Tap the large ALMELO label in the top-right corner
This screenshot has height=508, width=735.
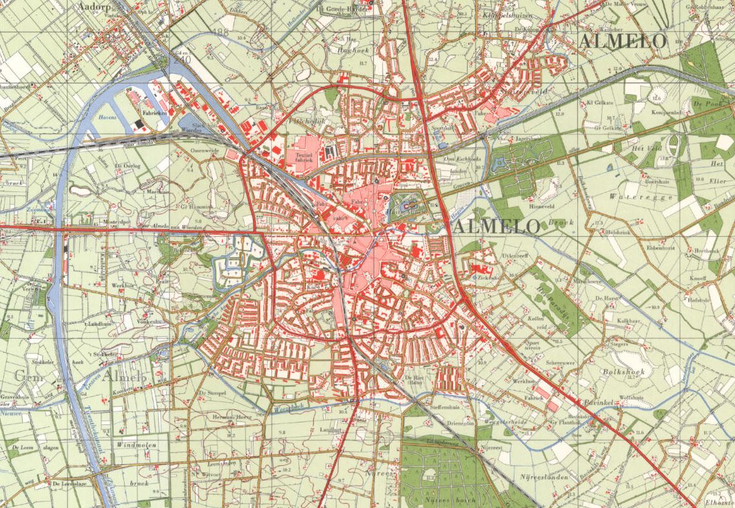623,41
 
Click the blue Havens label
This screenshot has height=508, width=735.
106,119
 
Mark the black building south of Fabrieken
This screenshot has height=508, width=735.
138,123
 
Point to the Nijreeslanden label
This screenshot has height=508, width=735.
546,477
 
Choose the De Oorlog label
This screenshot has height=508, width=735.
128,166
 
